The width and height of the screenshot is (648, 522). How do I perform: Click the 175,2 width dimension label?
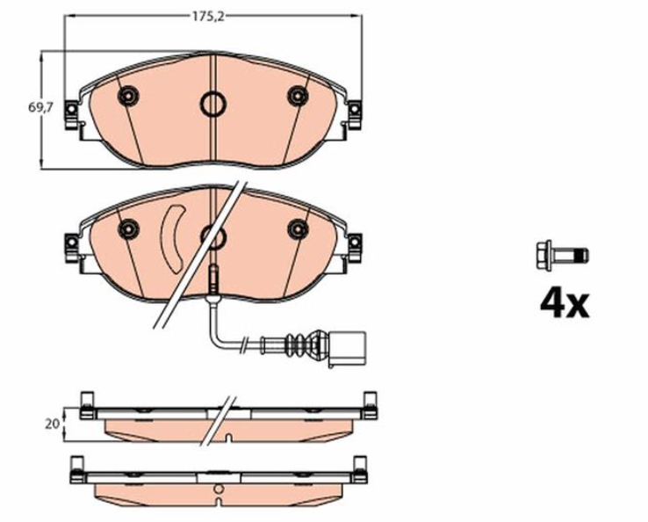208,17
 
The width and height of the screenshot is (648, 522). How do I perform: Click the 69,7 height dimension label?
40,107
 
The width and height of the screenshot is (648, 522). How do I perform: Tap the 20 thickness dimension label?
52,424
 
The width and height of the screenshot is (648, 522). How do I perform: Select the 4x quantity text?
565,304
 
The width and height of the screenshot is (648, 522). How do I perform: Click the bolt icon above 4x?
562,256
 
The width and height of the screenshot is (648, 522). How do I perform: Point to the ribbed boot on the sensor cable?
299,344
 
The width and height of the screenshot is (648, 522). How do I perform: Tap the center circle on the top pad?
212,104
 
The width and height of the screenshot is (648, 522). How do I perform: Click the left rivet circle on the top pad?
128,97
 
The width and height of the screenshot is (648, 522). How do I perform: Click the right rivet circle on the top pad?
298,97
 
